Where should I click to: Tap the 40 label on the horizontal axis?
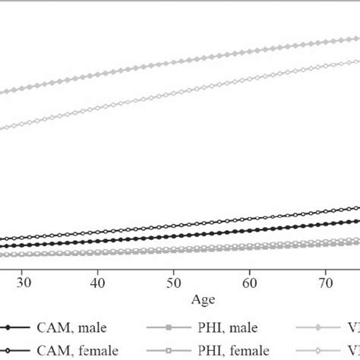click(97, 283)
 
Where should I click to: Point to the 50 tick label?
click(173, 283)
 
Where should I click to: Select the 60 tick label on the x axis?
click(249, 283)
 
